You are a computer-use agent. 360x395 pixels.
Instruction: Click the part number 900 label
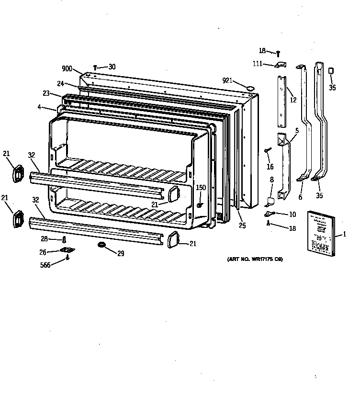pos(67,69)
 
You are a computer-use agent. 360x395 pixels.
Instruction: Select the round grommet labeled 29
pos(102,245)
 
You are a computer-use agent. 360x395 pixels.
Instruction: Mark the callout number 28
pos(44,238)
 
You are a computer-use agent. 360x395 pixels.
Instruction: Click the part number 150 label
pos(201,188)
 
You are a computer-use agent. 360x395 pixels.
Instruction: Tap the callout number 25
pos(243,225)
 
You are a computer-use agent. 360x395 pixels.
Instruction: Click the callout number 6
pos(300,196)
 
